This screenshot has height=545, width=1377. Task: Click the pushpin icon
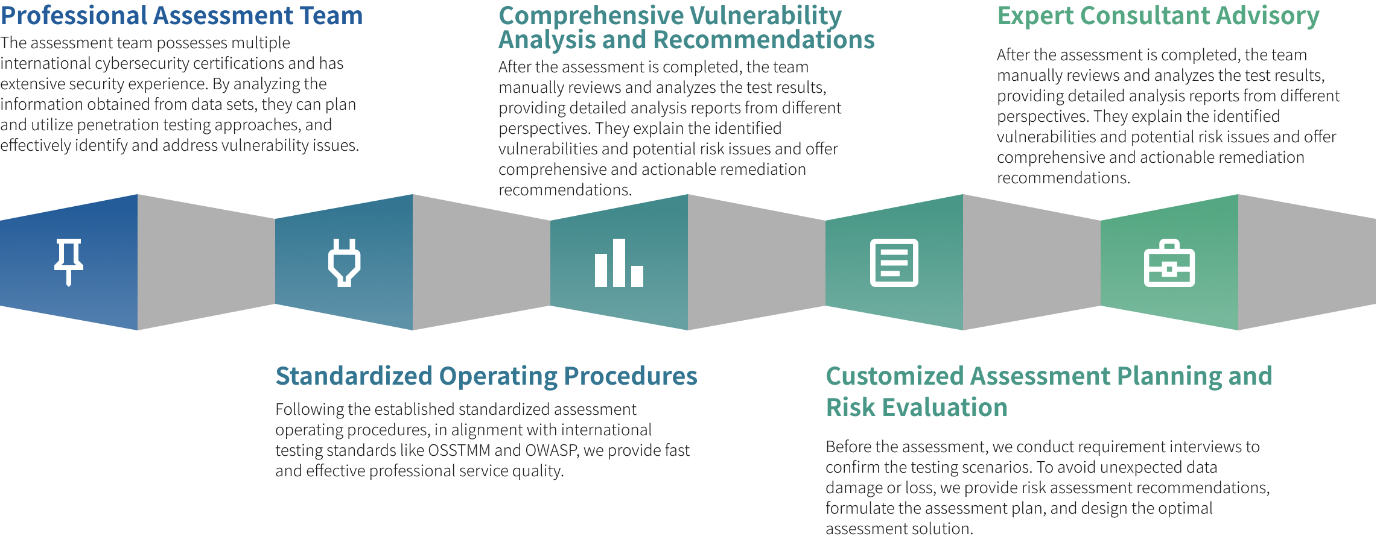69,262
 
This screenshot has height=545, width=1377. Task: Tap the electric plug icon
345,262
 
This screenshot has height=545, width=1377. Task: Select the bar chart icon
619,263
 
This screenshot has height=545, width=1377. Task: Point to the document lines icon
894,263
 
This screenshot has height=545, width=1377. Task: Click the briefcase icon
1169,263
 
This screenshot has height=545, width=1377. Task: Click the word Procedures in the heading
631,376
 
